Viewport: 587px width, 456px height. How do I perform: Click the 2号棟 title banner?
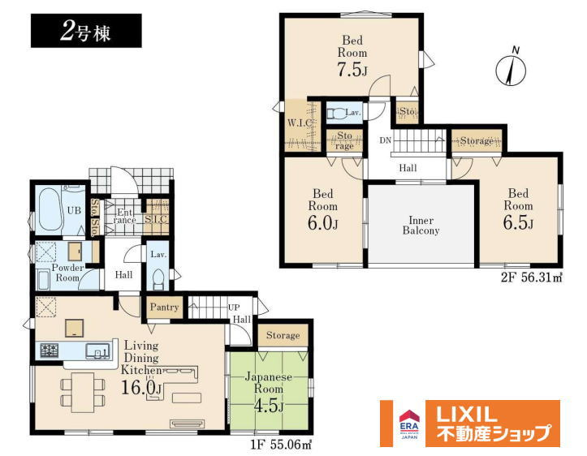pos(86,31)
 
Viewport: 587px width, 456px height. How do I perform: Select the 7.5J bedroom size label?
pos(352,71)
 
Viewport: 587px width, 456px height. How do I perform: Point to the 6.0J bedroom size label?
pos(323,224)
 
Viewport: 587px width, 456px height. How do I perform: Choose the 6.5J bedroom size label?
pos(518,223)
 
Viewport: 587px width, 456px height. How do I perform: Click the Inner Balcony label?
pos(421,226)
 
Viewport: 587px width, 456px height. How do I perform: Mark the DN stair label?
pos(385,140)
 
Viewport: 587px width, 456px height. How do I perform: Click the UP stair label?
pos(234,308)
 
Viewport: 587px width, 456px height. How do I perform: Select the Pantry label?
pos(164,308)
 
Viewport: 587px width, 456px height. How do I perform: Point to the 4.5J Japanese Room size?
pos(269,406)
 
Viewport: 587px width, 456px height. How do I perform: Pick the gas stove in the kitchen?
pos(49,351)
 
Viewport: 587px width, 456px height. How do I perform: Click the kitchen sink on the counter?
pos(97,351)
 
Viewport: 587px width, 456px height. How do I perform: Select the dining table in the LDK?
pos(83,392)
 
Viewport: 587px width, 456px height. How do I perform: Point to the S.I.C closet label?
pos(157,219)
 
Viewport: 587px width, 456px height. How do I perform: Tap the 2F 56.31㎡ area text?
pos(532,278)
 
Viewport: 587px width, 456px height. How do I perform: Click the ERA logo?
pos(409,424)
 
